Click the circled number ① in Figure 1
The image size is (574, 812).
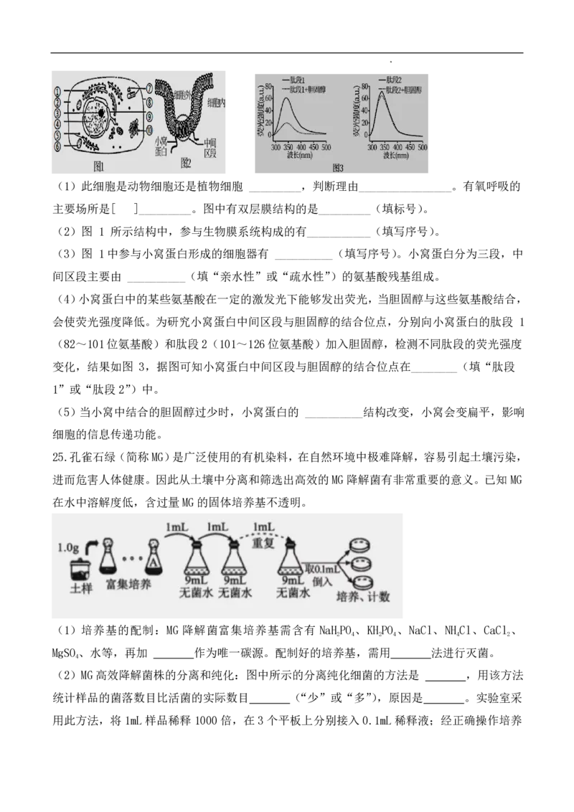click(x=57, y=91)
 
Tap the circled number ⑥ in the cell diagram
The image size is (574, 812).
click(x=57, y=146)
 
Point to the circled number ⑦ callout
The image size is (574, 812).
click(x=149, y=89)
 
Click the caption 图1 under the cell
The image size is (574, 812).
click(x=99, y=166)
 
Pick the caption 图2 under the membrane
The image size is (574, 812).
click(x=186, y=164)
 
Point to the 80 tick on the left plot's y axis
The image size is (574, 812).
click(x=268, y=86)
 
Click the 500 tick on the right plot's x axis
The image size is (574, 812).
click(x=422, y=146)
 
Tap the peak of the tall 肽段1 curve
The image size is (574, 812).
click(x=287, y=98)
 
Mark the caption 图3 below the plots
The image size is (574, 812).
click(x=339, y=168)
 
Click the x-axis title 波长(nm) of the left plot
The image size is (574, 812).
click(x=301, y=155)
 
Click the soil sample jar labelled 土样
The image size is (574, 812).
click(x=79, y=571)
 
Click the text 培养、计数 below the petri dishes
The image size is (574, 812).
click(x=364, y=596)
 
